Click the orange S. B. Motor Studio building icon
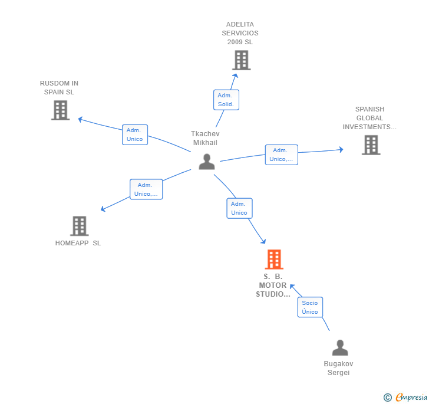(274, 259)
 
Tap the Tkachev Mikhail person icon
(207, 162)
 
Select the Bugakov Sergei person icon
(340, 347)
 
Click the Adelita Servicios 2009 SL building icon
(242, 60)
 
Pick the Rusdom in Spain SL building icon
(61, 110)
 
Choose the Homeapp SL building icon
(80, 226)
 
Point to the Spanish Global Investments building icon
(371, 145)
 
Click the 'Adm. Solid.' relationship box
(226, 100)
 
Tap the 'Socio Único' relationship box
(310, 307)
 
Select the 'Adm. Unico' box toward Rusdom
(135, 134)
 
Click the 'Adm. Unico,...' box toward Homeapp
(146, 189)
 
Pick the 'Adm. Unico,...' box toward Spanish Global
(281, 155)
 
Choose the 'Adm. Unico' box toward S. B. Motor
(239, 208)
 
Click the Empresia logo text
(411, 397)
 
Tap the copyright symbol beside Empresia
(388, 397)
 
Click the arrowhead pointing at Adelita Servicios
(235, 76)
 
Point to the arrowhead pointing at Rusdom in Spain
(80, 119)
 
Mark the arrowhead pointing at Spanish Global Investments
(341, 150)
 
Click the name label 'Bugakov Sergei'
(338, 368)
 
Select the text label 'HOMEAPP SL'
(78, 243)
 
